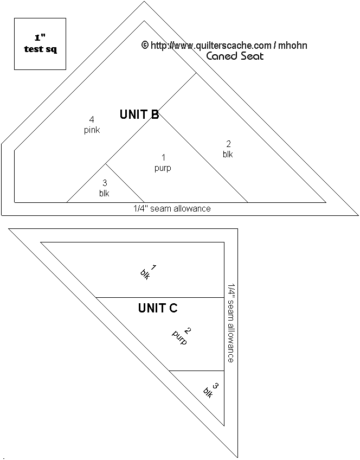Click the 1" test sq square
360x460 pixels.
(x=40, y=44)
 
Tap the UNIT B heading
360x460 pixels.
(x=139, y=114)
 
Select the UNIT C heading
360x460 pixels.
(x=158, y=308)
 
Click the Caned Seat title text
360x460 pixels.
(x=235, y=56)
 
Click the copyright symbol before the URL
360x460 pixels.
(x=145, y=45)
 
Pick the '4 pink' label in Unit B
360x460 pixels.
(x=92, y=125)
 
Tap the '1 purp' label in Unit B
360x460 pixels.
(x=163, y=163)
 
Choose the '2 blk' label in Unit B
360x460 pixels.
(x=228, y=149)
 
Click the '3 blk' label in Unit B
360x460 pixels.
(x=104, y=188)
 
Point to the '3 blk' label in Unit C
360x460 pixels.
(x=211, y=390)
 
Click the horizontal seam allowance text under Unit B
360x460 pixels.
(x=172, y=209)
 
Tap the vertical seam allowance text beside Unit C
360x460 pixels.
(x=231, y=323)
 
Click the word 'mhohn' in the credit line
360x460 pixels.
(x=293, y=46)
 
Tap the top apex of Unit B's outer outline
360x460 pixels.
(x=144, y=2)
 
